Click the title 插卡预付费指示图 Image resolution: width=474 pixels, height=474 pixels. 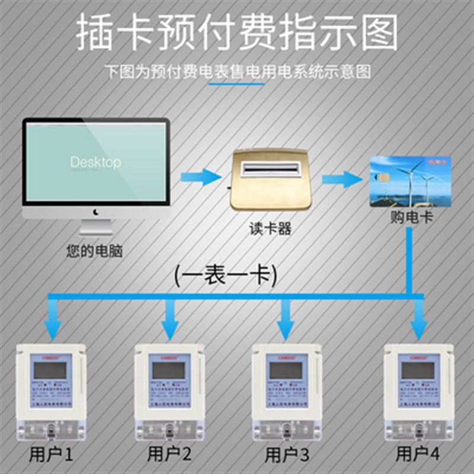(x=237, y=34)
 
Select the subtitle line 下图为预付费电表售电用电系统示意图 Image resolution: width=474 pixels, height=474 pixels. (x=237, y=72)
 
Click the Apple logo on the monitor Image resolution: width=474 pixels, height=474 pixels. (x=95, y=212)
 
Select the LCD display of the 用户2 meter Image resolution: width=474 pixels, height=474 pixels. (x=168, y=371)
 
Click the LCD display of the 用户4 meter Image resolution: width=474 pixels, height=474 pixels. (x=417, y=371)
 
